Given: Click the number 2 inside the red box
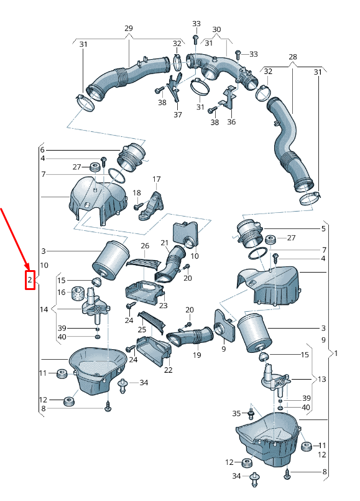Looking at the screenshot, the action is point(30,280).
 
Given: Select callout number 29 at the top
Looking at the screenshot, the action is point(129,28).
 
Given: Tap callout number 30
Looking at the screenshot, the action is point(216,29).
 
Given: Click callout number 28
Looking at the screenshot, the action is point(293,57).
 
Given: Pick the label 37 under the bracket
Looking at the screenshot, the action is point(178,115).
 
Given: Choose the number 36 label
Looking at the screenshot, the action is point(231,122).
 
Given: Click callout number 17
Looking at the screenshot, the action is point(157,179).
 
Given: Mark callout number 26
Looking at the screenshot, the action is point(145,246).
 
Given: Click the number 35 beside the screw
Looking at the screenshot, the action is point(236,413).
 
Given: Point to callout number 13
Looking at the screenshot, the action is point(321,379).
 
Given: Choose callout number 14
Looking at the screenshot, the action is point(44,309).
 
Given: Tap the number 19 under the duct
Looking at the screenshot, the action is point(197,355).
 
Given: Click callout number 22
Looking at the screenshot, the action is point(168,370).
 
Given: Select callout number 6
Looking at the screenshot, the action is point(42,150).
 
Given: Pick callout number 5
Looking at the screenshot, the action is point(323,229).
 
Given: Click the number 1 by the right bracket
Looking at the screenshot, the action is point(336,354).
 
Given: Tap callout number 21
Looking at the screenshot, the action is point(164,243).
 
